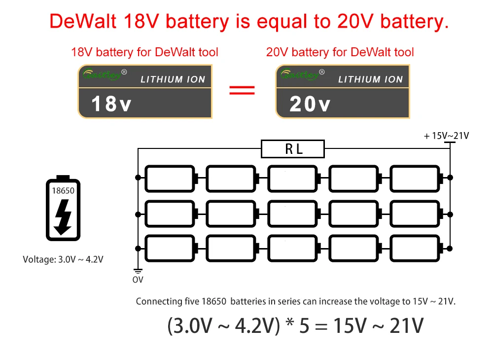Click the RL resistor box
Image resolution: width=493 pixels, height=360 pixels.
(293, 149)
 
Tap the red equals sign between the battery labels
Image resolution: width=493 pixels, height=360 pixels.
(243, 90)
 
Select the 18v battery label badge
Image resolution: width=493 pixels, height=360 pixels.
(145, 92)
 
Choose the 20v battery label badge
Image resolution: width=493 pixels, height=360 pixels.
(342, 92)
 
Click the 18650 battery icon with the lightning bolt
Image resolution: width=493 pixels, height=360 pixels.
(63, 208)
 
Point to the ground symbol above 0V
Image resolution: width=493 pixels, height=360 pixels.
(138, 271)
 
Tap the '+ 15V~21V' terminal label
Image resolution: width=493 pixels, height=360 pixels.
(446, 136)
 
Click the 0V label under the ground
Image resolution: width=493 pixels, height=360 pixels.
(138, 280)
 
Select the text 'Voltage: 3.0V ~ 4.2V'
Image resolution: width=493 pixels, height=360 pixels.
(63, 259)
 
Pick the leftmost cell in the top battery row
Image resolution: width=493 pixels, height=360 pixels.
(170, 178)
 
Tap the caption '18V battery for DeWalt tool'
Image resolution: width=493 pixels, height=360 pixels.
(145, 52)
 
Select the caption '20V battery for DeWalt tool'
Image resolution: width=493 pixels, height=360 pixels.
(340, 52)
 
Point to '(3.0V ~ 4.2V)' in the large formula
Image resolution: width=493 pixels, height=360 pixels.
(223, 326)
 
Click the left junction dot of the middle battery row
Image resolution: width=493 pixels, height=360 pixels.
(138, 214)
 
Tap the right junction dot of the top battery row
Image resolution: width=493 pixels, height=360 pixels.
(450, 177)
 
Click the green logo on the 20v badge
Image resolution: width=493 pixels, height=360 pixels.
(298, 75)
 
